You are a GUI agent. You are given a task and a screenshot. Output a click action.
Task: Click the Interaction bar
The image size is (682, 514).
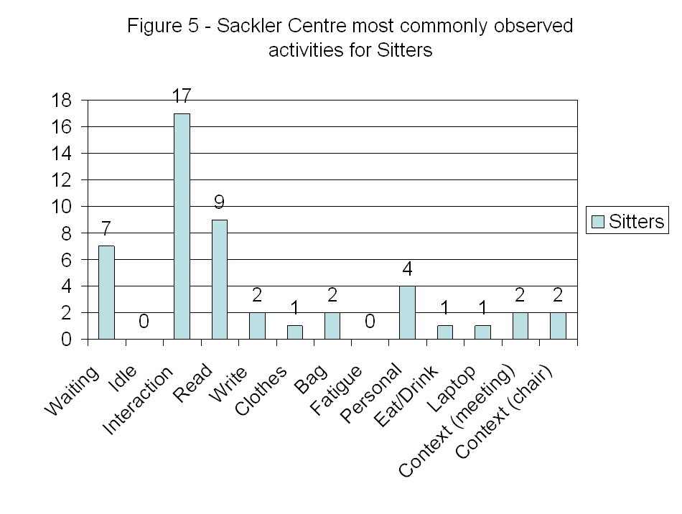tap(182, 226)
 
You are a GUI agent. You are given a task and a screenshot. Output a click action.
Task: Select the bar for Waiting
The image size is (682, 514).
tap(106, 292)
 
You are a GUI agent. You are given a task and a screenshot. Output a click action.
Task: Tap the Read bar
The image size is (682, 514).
tap(219, 279)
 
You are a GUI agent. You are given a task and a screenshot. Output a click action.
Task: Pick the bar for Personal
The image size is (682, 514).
tap(407, 312)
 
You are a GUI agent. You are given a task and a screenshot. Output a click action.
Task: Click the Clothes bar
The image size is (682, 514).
tap(294, 332)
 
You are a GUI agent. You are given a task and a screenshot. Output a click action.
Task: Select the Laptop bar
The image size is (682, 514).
tap(482, 332)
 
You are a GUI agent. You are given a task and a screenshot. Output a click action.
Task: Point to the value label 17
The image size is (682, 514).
tap(181, 95)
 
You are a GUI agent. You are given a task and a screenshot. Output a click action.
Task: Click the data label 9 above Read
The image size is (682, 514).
tap(219, 202)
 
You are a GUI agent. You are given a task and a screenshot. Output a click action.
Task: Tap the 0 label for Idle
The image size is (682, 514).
tap(144, 322)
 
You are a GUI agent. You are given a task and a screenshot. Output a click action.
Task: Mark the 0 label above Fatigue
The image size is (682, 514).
tap(370, 322)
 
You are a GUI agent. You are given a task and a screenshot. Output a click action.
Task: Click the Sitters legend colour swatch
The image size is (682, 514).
tap(597, 221)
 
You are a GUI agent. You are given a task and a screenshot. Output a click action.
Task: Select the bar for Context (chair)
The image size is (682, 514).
tap(558, 325)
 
